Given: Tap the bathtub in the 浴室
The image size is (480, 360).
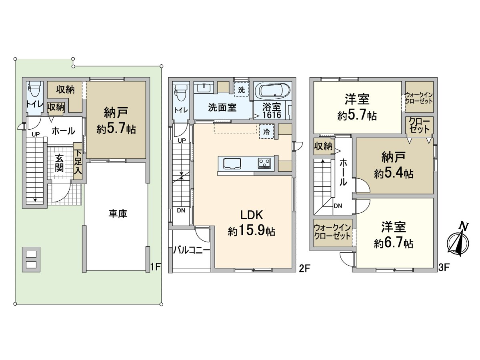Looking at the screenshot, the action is pyautogui.click(x=272, y=91).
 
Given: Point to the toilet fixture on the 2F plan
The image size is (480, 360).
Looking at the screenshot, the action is pyautogui.click(x=181, y=93).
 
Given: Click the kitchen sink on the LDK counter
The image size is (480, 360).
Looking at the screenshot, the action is pyautogui.click(x=232, y=164).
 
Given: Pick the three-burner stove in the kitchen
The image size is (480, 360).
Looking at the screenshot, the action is pyautogui.click(x=264, y=164).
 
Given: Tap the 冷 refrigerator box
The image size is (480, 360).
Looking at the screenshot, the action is pyautogui.click(x=266, y=132).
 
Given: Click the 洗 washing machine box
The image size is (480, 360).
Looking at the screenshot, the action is pyautogui.click(x=242, y=90).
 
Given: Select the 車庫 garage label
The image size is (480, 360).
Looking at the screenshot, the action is pyautogui.click(x=118, y=214).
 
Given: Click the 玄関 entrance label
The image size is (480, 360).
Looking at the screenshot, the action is pyautogui.click(x=59, y=163).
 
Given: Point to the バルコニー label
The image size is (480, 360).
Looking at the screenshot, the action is pyautogui.click(x=192, y=250).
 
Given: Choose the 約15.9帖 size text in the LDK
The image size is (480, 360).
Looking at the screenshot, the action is pyautogui.click(x=252, y=231).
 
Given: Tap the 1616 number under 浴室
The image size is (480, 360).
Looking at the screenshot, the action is pyautogui.click(x=272, y=115).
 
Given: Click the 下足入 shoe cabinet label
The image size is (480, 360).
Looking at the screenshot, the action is pyautogui.click(x=78, y=162).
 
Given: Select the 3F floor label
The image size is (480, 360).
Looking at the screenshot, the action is pyautogui.click(x=444, y=268).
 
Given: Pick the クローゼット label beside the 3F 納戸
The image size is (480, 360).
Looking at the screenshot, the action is pyautogui.click(x=419, y=126).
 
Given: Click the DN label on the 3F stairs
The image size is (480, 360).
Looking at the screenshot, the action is pyautogui.click(x=338, y=206).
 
